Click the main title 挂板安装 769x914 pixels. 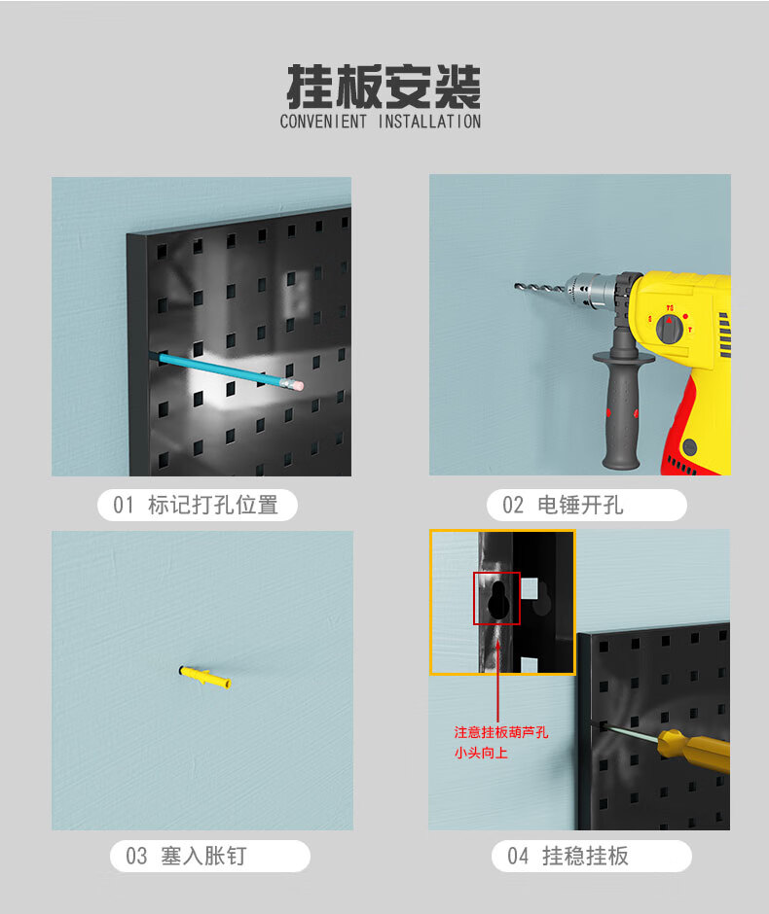(x=384, y=87)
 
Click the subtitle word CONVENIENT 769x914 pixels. (x=323, y=122)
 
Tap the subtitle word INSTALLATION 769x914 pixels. (x=429, y=122)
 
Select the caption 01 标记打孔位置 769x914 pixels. (x=196, y=505)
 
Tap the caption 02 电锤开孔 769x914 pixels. (x=563, y=505)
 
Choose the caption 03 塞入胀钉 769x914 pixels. (x=187, y=856)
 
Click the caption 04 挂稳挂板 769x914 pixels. (x=568, y=856)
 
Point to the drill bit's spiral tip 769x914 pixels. (x=517, y=286)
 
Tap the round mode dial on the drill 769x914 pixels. (x=670, y=329)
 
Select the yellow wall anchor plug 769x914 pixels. (x=204, y=678)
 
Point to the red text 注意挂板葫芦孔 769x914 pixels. (x=501, y=732)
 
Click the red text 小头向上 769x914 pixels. (x=481, y=753)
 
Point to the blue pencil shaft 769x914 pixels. (x=221, y=369)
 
